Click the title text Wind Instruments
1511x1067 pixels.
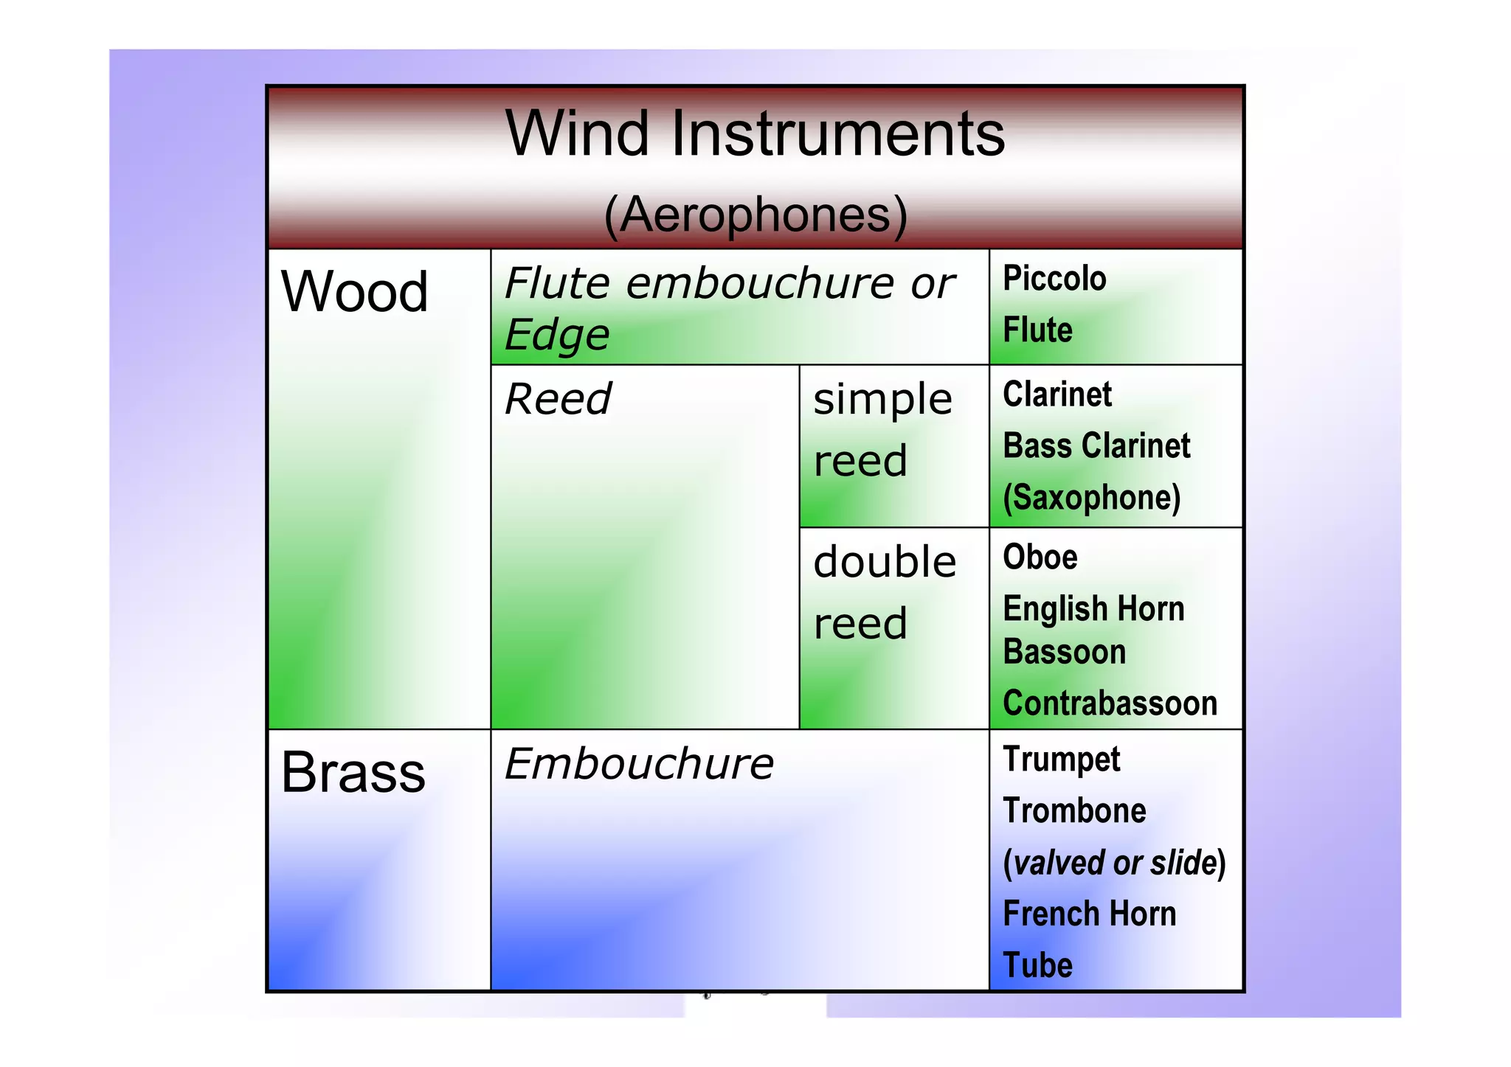click(755, 133)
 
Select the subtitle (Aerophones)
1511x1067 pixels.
click(755, 215)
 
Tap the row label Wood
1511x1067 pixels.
click(354, 291)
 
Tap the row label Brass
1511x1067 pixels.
click(353, 773)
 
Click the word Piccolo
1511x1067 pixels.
click(1054, 279)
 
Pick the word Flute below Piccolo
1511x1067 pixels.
click(1037, 330)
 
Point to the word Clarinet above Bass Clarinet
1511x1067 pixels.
click(1057, 395)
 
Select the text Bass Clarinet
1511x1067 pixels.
click(1096, 446)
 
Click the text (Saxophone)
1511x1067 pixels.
click(1091, 498)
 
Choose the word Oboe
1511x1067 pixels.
click(1040, 557)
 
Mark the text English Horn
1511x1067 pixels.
click(1093, 609)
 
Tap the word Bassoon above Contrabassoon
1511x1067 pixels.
click(1064, 653)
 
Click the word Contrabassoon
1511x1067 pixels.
click(1110, 703)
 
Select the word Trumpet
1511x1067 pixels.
click(1061, 760)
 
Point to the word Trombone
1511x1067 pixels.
click(1074, 811)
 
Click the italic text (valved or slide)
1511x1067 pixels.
click(1114, 863)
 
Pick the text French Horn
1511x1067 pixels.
click(1089, 914)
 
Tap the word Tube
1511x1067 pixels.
click(1037, 966)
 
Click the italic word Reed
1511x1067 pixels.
click(558, 400)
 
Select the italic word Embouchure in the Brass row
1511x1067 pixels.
click(639, 764)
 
